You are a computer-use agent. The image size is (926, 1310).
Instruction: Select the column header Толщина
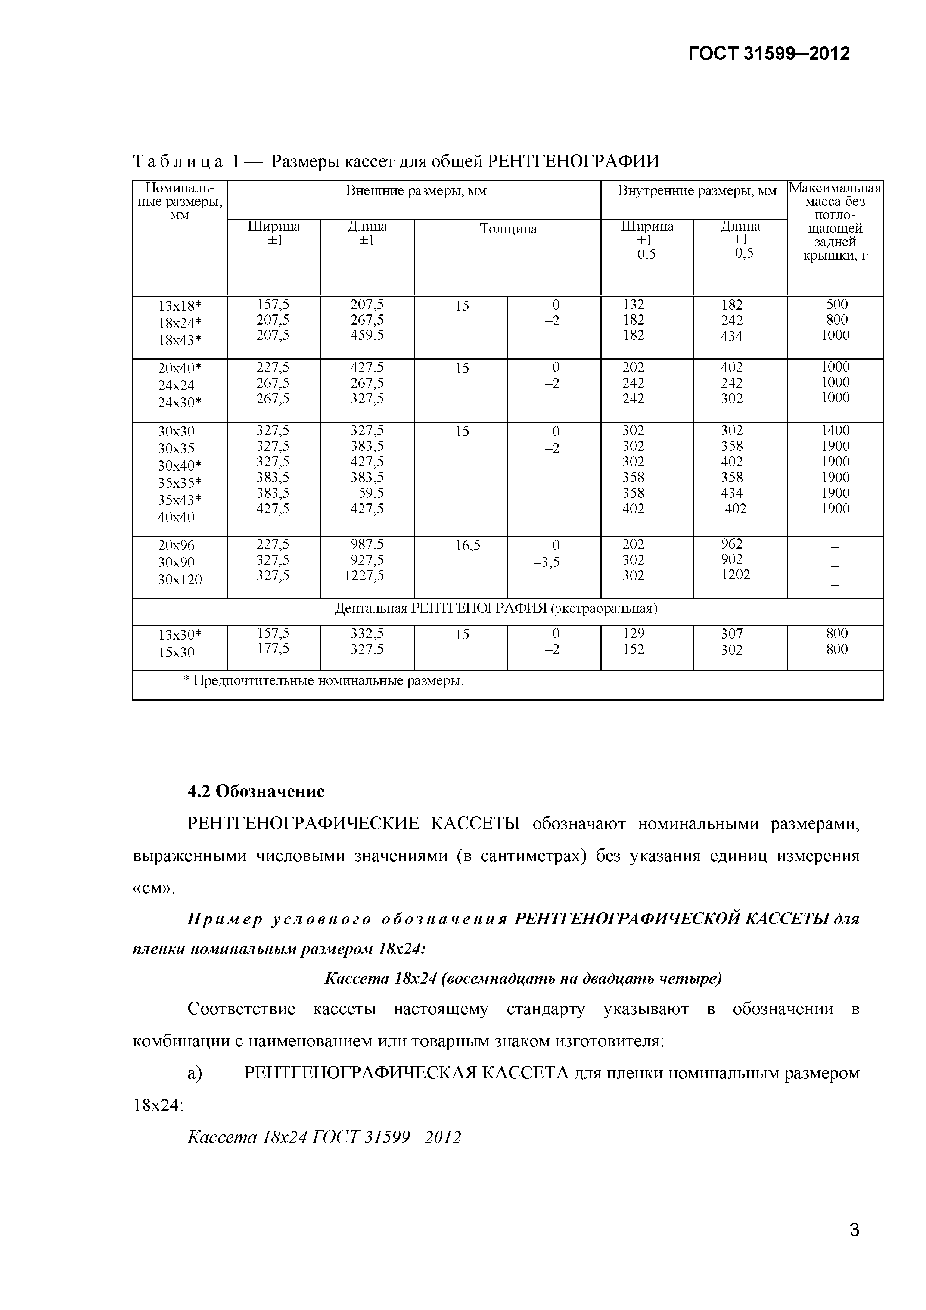point(508,229)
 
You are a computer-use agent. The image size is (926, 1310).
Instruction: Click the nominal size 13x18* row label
point(180,306)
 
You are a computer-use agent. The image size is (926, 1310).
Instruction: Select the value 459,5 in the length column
point(367,335)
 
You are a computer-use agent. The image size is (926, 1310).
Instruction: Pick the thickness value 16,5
point(467,546)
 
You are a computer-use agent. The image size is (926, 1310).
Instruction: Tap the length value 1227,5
point(364,576)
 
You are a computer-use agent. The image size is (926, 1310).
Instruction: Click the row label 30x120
point(180,580)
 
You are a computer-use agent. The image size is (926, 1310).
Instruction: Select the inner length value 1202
point(736,575)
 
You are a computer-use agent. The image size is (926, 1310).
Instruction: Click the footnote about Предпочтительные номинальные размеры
point(323,681)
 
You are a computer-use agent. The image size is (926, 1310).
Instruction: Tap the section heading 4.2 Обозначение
point(256,791)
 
